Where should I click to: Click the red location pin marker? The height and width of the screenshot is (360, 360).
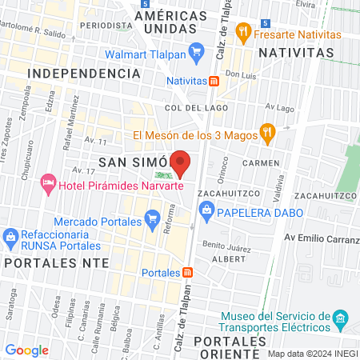point(181,163)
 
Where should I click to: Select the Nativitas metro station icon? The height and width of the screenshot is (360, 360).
point(214,81)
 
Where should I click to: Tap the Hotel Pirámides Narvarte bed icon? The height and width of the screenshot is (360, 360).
point(48,185)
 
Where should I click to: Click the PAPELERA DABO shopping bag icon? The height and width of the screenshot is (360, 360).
point(206,211)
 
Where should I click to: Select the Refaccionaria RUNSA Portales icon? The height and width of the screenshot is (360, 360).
point(10,236)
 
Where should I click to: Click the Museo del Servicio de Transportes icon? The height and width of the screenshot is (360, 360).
point(340,319)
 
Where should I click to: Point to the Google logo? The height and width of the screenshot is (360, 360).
point(27,350)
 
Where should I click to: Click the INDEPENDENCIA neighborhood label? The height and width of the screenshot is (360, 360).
point(84,73)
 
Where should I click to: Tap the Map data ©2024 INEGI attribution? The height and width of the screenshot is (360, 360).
point(312,353)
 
